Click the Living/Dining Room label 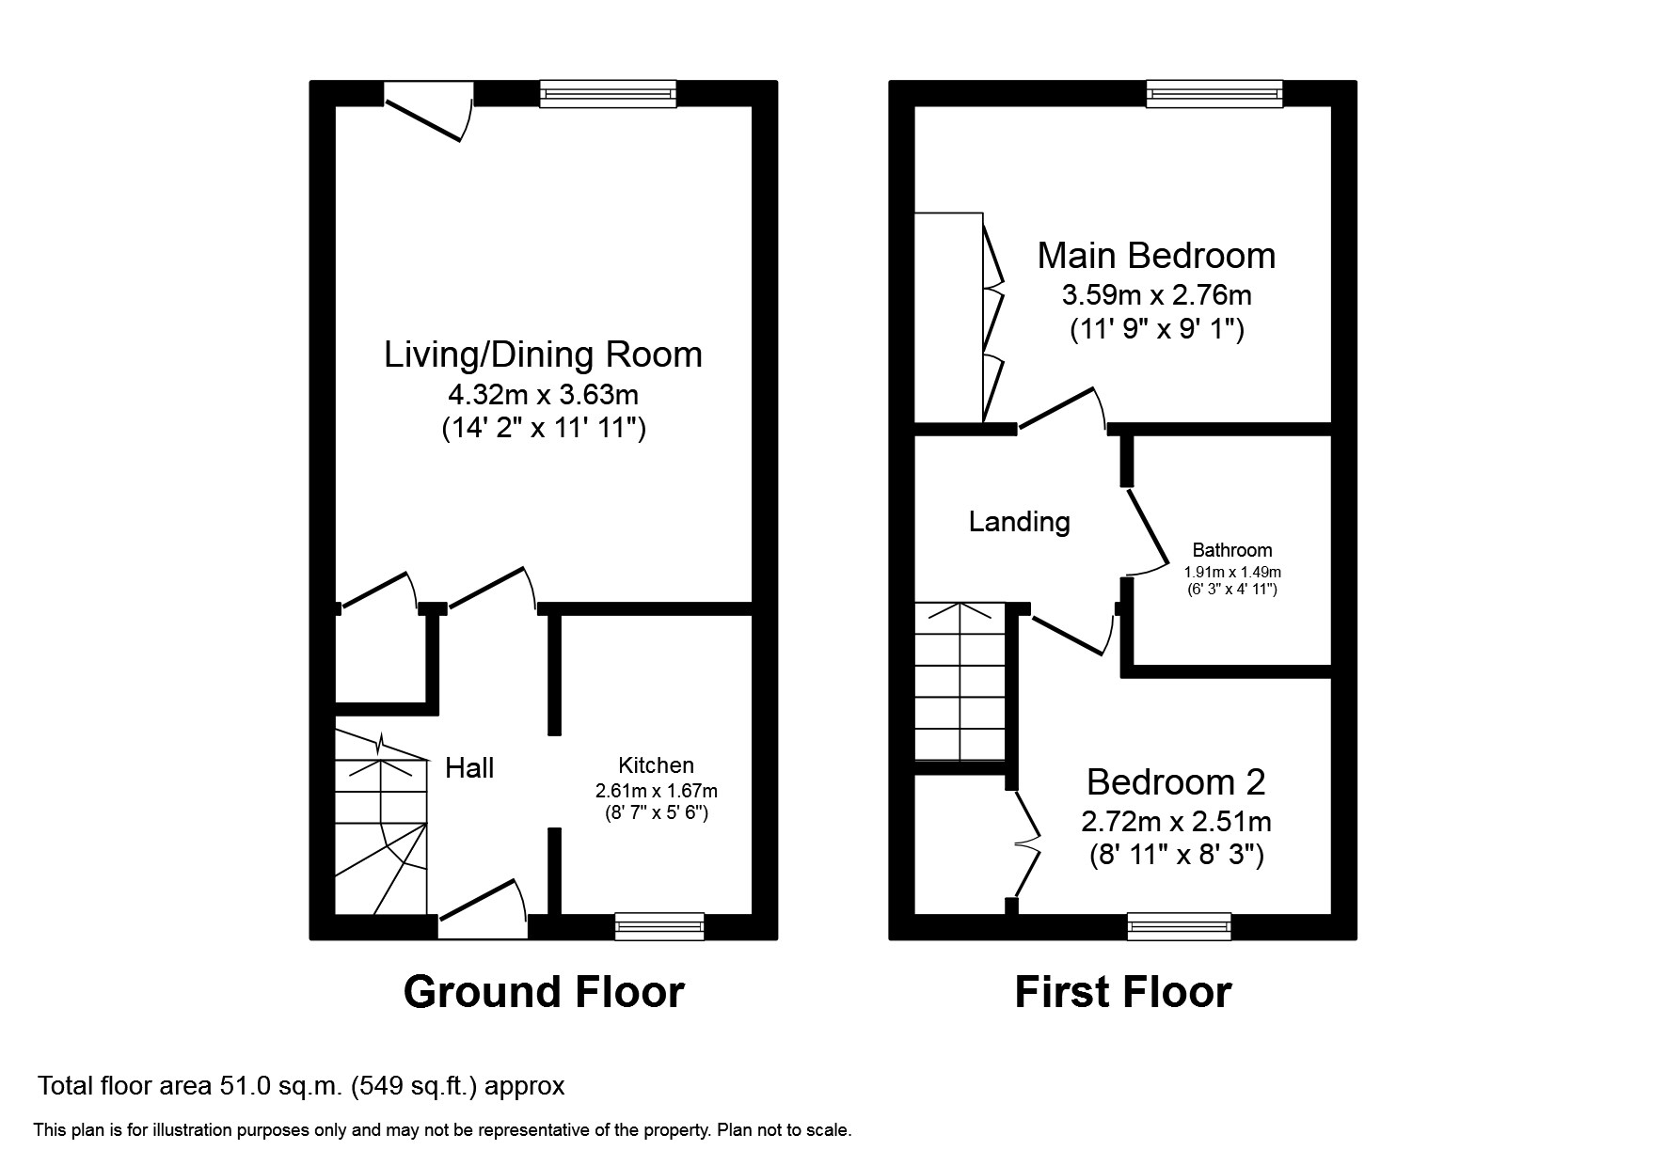coord(543,355)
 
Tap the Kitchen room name coord(656,765)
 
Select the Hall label coord(469,768)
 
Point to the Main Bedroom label coord(1155,256)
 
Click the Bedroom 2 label coord(1175,782)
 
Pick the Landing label coord(1019,522)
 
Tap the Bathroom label coord(1231,550)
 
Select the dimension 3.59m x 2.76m coord(1156,295)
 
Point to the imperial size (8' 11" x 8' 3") coord(1176,856)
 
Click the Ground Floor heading coord(543,992)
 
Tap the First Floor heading coord(1122,992)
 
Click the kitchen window coord(658,926)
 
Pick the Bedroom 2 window coord(1179,926)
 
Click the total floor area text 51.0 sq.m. coord(300,1086)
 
